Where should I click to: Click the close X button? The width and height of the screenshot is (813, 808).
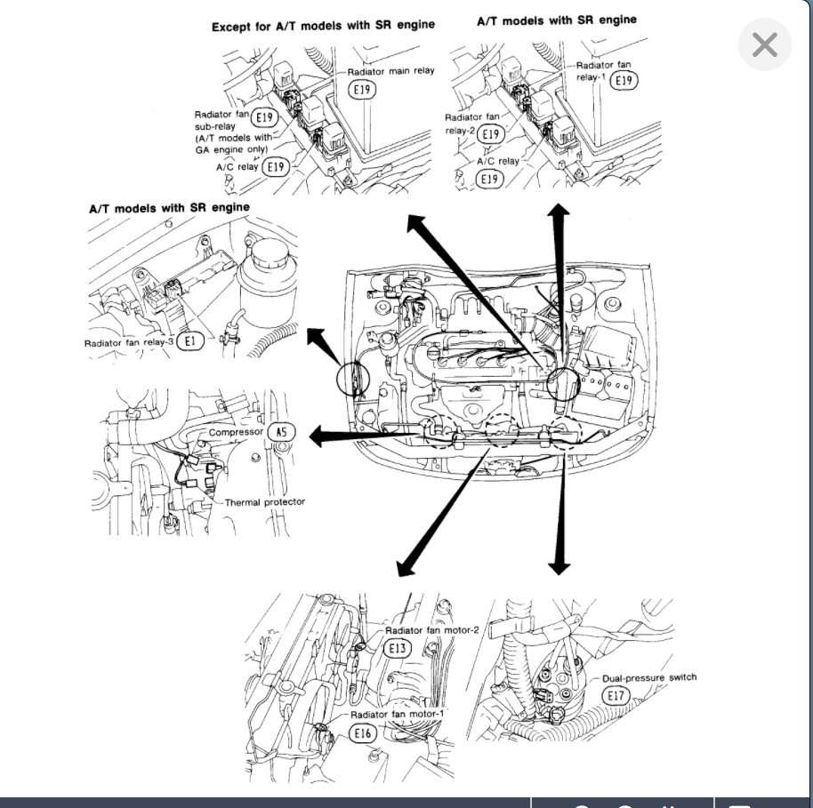point(764,44)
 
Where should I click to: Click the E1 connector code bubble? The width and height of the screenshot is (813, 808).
point(190,341)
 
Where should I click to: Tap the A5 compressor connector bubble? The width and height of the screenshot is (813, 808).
point(282,432)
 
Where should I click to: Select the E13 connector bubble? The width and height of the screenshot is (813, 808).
point(398,648)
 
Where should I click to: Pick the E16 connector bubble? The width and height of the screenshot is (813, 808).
point(362,732)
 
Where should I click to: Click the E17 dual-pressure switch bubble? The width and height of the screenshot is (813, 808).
point(616,695)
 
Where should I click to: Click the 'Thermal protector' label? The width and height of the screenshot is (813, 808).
point(264,501)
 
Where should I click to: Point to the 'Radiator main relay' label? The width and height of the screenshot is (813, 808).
point(391,71)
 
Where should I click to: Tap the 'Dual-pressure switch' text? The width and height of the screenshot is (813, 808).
point(649,677)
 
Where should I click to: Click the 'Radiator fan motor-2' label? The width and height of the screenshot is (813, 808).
point(432,630)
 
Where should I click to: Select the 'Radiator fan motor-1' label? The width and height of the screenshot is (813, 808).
point(398,714)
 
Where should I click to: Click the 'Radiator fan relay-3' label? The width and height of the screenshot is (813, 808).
point(129,342)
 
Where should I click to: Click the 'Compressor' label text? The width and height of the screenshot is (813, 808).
point(236,432)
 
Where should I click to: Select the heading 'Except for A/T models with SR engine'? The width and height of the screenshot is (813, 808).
point(323,26)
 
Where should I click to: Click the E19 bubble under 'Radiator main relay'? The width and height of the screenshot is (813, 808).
point(362,90)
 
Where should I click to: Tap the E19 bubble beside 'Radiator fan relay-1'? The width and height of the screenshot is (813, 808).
point(624,80)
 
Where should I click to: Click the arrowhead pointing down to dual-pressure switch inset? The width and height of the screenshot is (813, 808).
point(559,566)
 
